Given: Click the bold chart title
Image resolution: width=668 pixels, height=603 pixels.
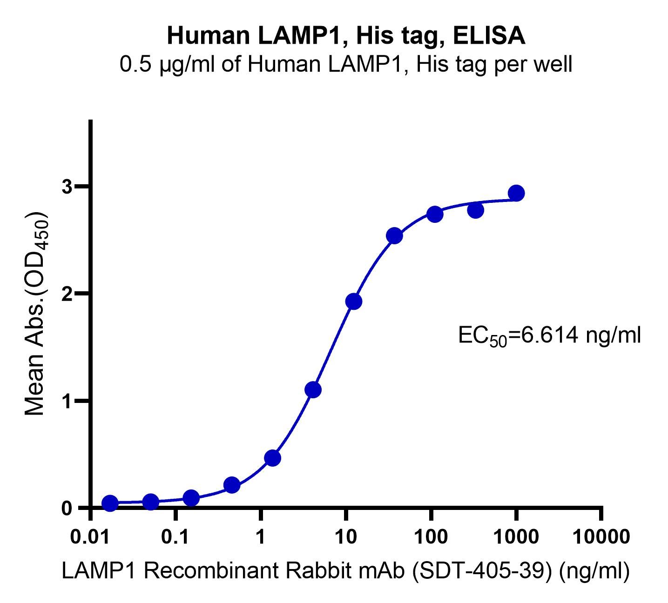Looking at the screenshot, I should (346, 36).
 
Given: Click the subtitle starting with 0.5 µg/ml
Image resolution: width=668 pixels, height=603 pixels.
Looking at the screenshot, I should (346, 65).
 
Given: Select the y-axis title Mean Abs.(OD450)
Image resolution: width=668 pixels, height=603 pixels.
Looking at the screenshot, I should (36, 315).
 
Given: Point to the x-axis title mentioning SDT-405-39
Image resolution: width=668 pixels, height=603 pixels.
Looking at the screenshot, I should (346, 572).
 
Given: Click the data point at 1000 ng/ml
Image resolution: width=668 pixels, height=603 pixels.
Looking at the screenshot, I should (516, 193).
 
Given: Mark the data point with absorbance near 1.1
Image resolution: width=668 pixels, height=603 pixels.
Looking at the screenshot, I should (313, 389).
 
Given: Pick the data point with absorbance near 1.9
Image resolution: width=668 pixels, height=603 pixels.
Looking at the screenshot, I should (354, 301).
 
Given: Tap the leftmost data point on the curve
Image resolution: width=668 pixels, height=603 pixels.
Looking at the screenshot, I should (110, 503).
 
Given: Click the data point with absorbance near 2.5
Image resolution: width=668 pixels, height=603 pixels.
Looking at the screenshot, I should (394, 236).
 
